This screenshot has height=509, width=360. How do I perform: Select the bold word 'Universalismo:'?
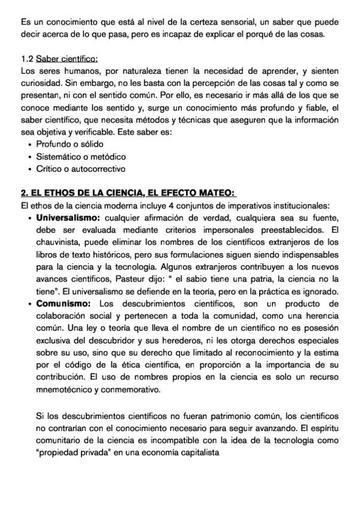point(68,217)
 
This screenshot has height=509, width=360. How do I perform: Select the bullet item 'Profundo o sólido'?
point(70,145)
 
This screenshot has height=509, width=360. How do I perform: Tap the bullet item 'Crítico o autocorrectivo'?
point(80,169)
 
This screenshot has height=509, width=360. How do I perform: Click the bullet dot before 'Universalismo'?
point(31,217)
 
